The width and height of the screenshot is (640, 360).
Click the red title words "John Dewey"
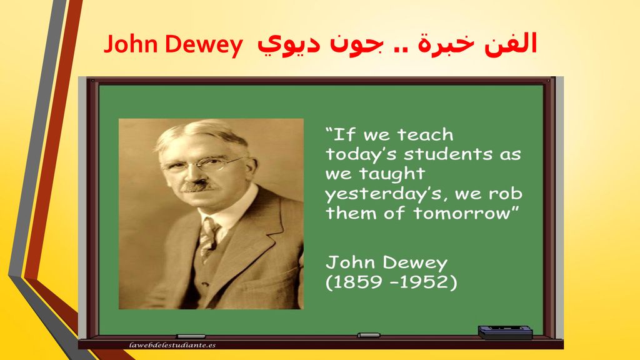click(173, 44)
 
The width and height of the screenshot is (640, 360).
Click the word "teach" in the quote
click(426, 134)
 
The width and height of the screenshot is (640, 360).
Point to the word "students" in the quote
click(448, 154)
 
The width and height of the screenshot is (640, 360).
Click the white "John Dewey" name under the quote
click(386, 263)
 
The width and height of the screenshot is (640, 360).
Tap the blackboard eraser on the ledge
click(505, 332)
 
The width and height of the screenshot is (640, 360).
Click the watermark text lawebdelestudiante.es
click(172, 345)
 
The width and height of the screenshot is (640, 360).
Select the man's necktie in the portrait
click(208, 239)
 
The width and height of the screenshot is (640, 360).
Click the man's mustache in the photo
click(199, 186)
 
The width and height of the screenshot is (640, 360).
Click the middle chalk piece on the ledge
click(369, 335)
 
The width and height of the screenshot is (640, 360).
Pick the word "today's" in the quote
click(361, 155)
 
